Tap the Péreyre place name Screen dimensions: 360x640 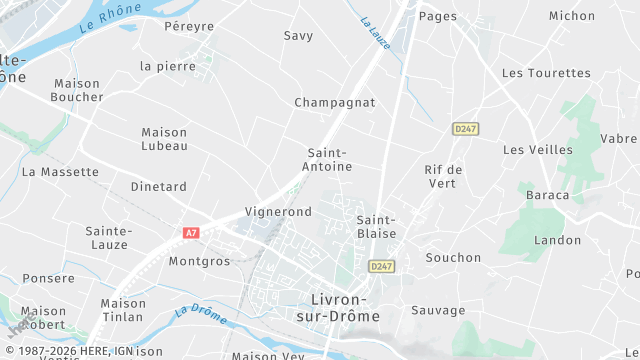(190, 25)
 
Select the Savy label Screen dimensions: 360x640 (298, 35)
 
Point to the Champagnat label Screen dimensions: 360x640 (334, 102)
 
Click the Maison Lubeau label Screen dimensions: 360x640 (164, 138)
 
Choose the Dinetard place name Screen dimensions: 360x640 (158, 186)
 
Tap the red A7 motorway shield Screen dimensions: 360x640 (191, 232)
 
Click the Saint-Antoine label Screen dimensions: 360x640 (329, 159)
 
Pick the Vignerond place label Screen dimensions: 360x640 (278, 212)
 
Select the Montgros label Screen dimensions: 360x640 (199, 261)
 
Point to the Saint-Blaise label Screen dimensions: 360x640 (376, 226)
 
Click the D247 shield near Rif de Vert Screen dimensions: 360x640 (464, 129)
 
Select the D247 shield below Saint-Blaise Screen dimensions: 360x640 (380, 266)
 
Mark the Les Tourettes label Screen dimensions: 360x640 (546, 73)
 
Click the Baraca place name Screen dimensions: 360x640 (547, 195)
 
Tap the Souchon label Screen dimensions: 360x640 (453, 257)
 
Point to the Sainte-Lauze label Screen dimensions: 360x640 (108, 237)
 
